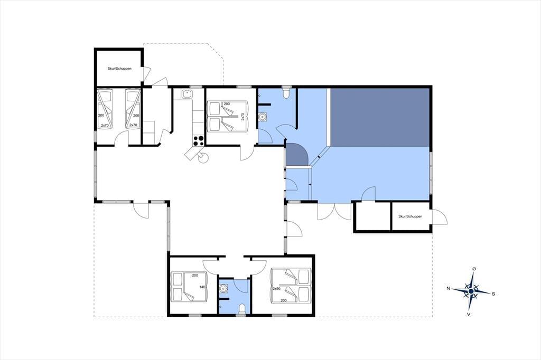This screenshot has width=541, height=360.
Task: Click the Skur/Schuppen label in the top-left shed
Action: pyautogui.click(x=119, y=69)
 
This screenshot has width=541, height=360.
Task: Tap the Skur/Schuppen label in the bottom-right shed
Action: pyautogui.click(x=410, y=216)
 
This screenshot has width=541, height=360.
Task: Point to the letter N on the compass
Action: pyautogui.click(x=448, y=288)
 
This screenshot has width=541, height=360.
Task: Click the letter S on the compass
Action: pyautogui.click(x=493, y=294)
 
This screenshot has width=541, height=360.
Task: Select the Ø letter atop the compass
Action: pyautogui.click(x=474, y=269)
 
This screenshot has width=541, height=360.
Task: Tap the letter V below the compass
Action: pyautogui.click(x=469, y=314)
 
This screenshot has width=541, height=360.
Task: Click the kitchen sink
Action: pyautogui.click(x=187, y=94)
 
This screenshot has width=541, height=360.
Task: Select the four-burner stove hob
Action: pyautogui.click(x=198, y=140)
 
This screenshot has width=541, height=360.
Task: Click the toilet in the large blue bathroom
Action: pyautogui.click(x=286, y=93)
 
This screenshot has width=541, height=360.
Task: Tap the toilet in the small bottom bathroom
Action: pyautogui.click(x=242, y=309)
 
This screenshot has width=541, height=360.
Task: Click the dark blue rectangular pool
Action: pyautogui.click(x=380, y=117)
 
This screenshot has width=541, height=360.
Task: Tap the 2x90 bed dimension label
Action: pyautogui.click(x=276, y=288)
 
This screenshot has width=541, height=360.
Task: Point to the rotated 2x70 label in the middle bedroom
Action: pyautogui.click(x=242, y=116)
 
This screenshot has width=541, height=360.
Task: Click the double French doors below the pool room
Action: pyautogui.click(x=334, y=211)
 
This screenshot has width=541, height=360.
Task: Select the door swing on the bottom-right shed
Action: pyautogui.click(x=440, y=216)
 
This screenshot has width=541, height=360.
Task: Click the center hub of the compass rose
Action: pyautogui.click(x=471, y=291)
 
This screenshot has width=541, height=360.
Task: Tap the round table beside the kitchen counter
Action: pyautogui.click(x=203, y=158)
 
